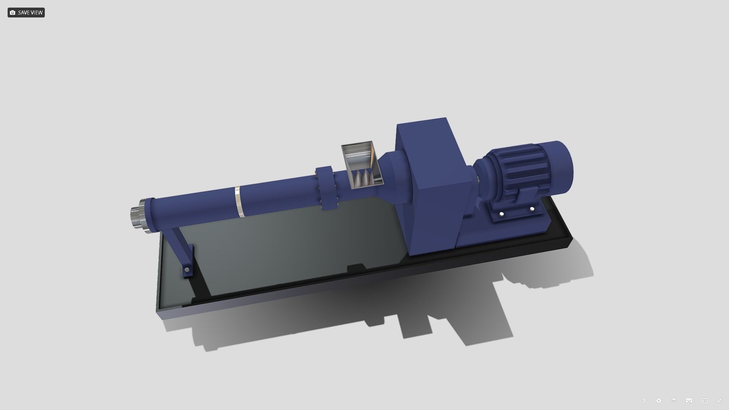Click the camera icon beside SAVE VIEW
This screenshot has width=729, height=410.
coord(13,13)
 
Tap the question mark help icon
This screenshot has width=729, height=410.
coord(644,401)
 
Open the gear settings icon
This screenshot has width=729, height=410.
coord(659,401)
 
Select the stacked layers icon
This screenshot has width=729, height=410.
coord(674,401)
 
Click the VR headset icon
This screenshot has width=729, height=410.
coord(689,401)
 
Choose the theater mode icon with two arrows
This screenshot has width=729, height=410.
coord(704,401)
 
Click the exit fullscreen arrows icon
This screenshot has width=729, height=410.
coord(719,401)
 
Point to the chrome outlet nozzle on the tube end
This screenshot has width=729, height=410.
coord(136,218)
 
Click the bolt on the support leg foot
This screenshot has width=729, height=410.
coord(187,270)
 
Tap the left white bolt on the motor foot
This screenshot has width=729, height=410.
coord(502,214)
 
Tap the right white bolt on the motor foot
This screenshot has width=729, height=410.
coord(532,209)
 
